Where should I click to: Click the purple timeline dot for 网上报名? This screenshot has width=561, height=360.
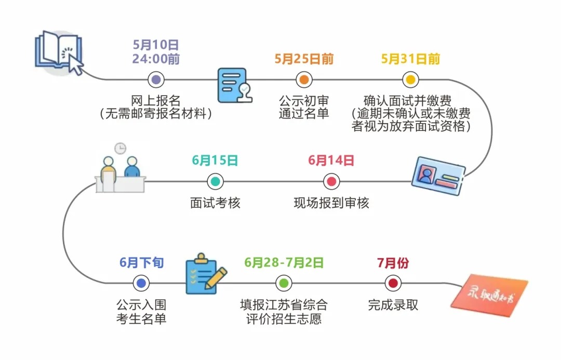pos(156,80)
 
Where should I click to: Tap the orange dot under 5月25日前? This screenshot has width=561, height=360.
pos(304,80)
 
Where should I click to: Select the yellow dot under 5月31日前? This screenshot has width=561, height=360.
pos(410,80)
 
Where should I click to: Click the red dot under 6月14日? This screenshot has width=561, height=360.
pos(331,182)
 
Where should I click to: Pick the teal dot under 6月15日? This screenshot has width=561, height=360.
pos(215,182)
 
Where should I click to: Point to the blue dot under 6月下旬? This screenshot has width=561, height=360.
pos(141,283)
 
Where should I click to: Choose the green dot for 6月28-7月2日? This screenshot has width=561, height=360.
pos(284,283)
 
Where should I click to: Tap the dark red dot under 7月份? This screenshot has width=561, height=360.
pos(393,283)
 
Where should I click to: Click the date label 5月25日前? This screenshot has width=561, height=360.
pos(304,59)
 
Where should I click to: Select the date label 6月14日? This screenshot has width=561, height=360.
pos(331,161)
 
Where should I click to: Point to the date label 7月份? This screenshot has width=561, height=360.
pos(393,262)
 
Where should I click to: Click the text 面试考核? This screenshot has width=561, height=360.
pos(215,203)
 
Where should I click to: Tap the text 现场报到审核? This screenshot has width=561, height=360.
pos(331,203)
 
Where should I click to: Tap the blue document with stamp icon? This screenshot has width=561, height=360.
pos(234,85)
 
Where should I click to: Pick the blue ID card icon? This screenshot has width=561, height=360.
pos(438,177)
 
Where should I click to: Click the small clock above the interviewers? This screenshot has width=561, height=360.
pos(121,148)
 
